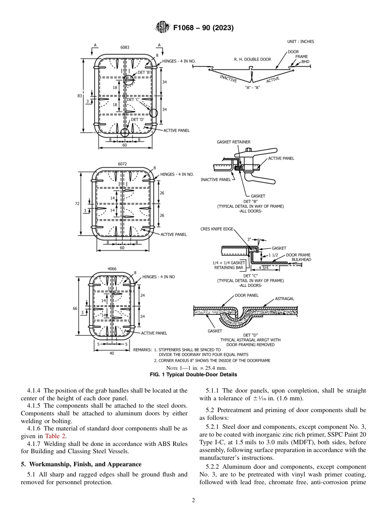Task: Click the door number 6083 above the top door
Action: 125,47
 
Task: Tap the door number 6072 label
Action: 122,164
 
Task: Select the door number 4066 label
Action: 112,269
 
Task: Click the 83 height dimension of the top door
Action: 80,95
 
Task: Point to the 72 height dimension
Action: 77,203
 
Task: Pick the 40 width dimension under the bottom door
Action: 112,353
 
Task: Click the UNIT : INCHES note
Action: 301,42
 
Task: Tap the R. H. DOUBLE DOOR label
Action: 252,59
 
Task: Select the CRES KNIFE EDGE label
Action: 217,229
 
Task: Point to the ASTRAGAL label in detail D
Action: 284,299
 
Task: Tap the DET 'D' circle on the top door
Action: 125,132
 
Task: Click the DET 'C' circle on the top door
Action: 153,113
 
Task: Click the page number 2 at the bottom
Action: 193,500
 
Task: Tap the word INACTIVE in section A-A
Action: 228,78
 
